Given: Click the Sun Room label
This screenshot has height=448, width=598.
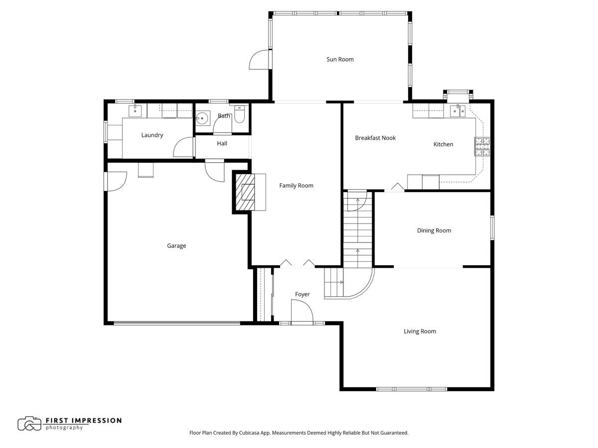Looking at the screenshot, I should point(340,59).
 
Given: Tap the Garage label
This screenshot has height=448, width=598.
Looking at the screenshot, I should point(176,245).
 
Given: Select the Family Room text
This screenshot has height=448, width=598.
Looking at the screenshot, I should point(296,186).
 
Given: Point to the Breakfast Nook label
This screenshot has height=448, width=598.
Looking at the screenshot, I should point(375,138).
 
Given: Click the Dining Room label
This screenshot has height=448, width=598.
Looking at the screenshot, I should point(434,230).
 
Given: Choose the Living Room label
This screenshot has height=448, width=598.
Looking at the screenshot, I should point(420,331).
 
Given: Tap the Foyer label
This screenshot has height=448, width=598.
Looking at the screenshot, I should point(302,294).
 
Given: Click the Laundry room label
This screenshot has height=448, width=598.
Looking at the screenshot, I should point(152,135).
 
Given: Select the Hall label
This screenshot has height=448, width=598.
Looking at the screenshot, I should point(222,143).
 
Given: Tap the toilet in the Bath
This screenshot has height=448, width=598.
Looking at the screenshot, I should point(240,115).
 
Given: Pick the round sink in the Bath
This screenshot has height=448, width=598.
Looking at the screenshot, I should point(202,118).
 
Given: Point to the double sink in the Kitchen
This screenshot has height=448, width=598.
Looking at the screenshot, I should point(458,110).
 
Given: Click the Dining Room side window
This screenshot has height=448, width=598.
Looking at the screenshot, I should point(491,227).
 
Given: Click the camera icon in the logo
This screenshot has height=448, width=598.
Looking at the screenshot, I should point(29,423).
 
